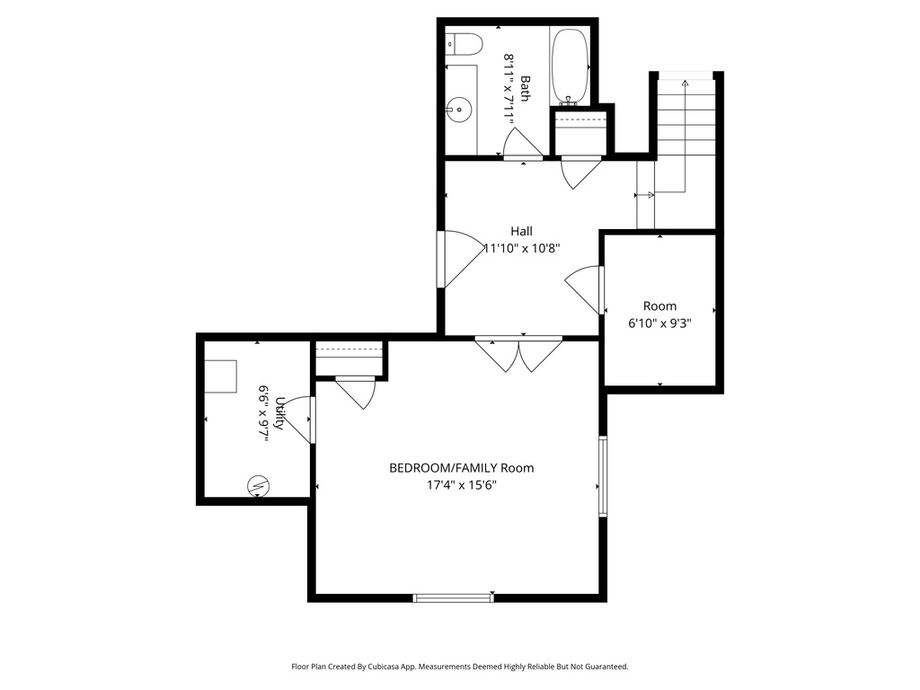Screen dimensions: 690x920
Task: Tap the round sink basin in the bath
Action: (x=460, y=111)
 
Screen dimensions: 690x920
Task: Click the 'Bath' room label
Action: (x=525, y=88)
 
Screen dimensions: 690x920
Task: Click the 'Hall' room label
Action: (x=521, y=231)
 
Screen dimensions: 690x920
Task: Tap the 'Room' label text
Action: (x=659, y=305)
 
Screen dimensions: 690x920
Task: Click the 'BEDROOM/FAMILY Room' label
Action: (x=461, y=467)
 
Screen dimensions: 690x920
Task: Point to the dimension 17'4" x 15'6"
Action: (x=461, y=485)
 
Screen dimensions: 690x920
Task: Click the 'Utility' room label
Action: (x=279, y=413)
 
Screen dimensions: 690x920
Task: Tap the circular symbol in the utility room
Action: (x=258, y=485)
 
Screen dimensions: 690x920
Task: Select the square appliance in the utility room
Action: (x=220, y=375)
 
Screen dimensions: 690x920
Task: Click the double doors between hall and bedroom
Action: (x=518, y=354)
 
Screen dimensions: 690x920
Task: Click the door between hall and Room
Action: (x=584, y=289)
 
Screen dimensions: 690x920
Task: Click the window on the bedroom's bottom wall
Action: (x=454, y=597)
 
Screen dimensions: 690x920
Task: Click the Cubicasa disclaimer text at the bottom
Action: (x=459, y=667)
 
